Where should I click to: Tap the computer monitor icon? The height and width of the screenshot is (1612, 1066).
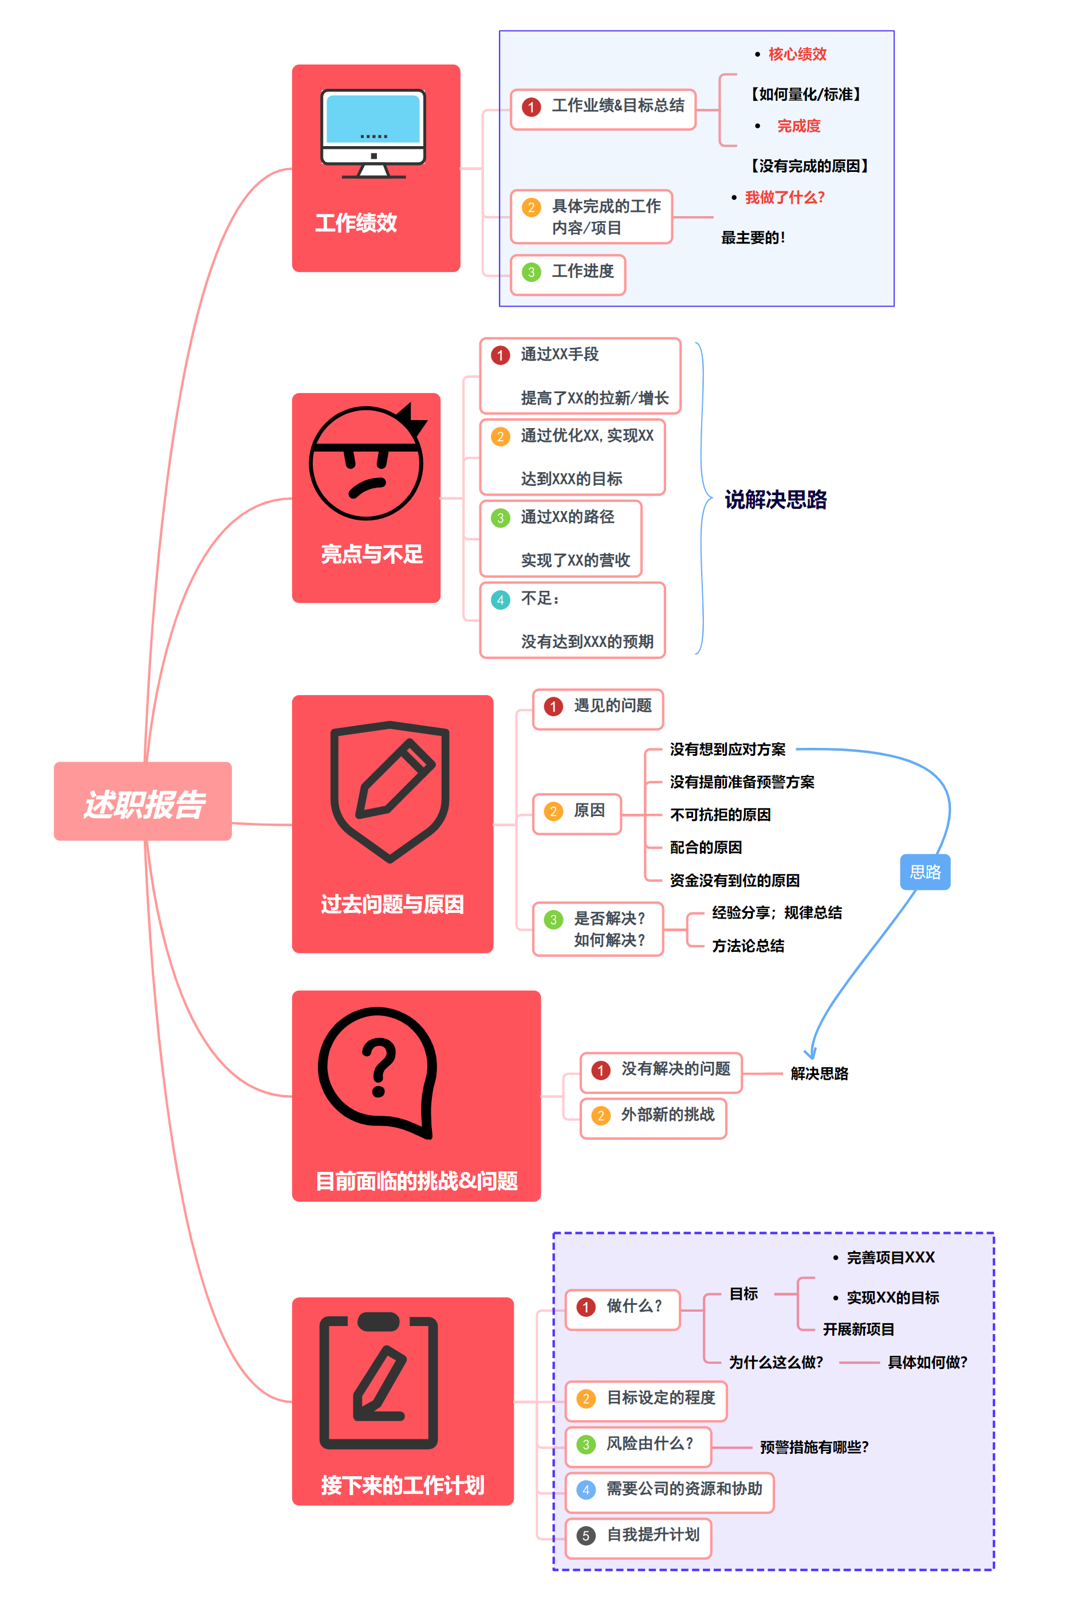pyautogui.click(x=373, y=134)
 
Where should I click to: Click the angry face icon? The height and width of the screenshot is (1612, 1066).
pyautogui.click(x=367, y=462)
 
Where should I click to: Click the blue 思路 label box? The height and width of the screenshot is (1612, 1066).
pyautogui.click(x=925, y=872)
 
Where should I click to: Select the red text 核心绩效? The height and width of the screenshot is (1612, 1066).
pyautogui.click(x=797, y=54)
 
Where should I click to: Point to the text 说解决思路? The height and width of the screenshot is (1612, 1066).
pyautogui.click(x=775, y=500)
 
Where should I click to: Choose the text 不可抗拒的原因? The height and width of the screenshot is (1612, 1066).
pyautogui.click(x=720, y=815)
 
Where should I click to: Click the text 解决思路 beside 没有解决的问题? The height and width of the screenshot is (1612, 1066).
pyautogui.click(x=819, y=1074)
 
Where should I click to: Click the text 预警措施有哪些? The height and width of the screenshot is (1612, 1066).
pyautogui.click(x=814, y=1448)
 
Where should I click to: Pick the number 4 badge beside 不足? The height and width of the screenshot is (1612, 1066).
pyautogui.click(x=501, y=600)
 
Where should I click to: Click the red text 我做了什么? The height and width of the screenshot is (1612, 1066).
pyautogui.click(x=785, y=198)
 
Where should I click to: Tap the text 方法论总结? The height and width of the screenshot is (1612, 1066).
pyautogui.click(x=748, y=946)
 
